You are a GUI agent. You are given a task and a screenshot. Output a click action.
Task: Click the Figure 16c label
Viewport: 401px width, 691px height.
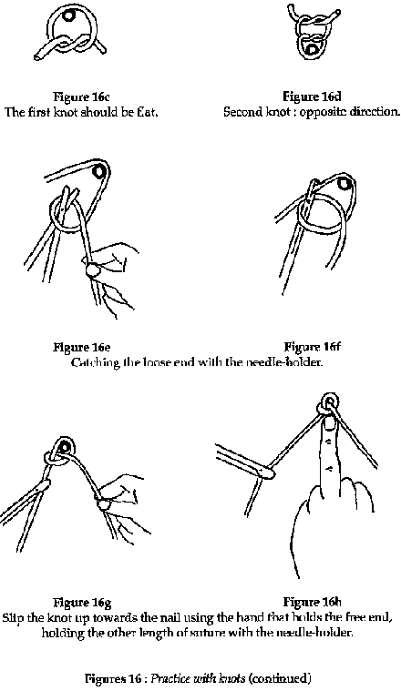[x=81, y=97]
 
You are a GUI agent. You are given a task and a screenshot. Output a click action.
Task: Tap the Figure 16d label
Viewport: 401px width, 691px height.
[x=312, y=97]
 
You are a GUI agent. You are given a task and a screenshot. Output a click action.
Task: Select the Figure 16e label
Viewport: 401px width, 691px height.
[x=82, y=347]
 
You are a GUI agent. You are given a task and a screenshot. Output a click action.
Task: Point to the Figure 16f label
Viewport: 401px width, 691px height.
[x=312, y=347]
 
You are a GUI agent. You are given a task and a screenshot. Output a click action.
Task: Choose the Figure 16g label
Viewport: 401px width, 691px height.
[x=82, y=602]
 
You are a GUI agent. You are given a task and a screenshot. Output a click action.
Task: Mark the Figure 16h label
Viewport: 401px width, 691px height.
[x=312, y=602]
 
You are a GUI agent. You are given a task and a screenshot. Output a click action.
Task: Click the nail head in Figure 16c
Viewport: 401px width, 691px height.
[x=69, y=15]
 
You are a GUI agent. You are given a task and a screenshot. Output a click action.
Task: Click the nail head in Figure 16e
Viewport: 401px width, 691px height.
[x=100, y=170]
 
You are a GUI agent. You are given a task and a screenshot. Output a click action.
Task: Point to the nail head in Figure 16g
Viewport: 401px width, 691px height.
[x=66, y=447]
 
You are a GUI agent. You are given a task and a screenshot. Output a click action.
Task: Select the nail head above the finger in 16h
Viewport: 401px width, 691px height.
[x=329, y=401]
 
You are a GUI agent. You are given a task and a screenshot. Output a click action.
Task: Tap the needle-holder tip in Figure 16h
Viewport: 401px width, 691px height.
[x=270, y=473]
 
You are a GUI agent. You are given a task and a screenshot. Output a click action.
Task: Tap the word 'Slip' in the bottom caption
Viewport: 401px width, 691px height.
[x=13, y=617]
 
